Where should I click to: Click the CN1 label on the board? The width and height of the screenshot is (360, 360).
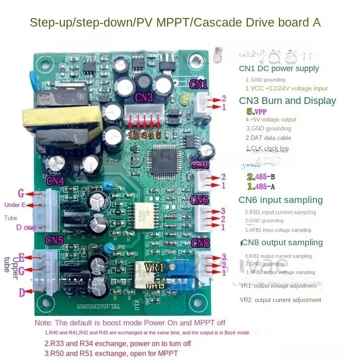click(x=198, y=84)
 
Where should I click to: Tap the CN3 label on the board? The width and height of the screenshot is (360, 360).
click(x=144, y=98)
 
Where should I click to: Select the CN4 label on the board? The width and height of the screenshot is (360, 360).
click(x=55, y=182)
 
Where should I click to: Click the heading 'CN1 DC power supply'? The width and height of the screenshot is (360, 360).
click(x=279, y=69)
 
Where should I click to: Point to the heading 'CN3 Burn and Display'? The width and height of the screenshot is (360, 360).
click(x=287, y=101)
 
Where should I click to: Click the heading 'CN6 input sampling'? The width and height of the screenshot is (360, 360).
click(x=280, y=200)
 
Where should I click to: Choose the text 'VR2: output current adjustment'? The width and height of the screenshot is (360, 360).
click(x=280, y=300)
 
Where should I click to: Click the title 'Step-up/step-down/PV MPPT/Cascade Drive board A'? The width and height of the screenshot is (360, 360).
click(x=175, y=22)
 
